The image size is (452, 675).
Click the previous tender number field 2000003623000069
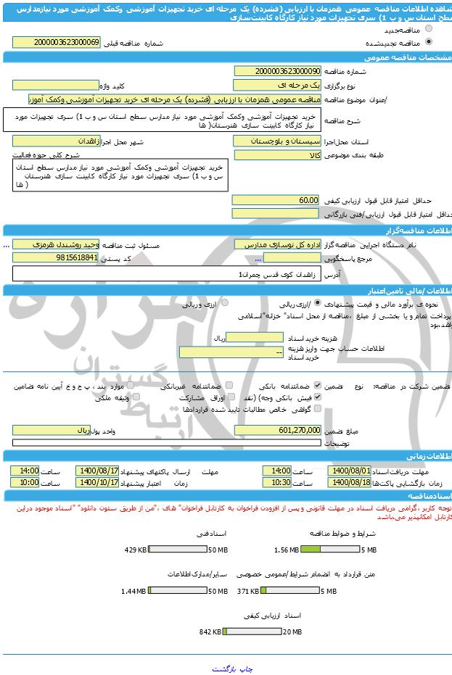[67, 43]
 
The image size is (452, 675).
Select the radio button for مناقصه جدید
[428, 29]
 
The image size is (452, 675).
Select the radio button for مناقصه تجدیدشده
[428, 43]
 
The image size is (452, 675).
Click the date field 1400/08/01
[350, 471]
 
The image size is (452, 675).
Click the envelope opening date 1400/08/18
[350, 482]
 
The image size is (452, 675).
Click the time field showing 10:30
[276, 482]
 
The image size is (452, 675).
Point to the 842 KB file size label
[210, 631]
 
